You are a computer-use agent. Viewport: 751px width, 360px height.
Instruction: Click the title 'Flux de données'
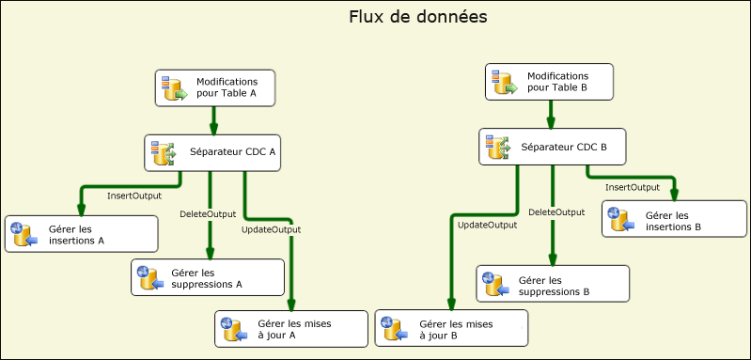[417, 18]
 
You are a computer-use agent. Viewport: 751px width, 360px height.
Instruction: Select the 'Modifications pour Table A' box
[214, 88]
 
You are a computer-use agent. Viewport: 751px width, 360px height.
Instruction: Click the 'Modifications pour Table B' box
[550, 82]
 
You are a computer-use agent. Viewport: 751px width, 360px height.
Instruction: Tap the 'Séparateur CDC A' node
[213, 153]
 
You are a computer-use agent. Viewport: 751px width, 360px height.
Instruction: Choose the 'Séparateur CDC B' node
[551, 147]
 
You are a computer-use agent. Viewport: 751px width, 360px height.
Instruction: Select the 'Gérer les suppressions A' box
[208, 277]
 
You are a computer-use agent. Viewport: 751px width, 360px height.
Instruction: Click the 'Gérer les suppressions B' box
[553, 285]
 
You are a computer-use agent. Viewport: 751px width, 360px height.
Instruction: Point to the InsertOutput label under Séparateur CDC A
[133, 196]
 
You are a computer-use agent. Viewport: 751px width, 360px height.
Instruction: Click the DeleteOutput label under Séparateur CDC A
[208, 214]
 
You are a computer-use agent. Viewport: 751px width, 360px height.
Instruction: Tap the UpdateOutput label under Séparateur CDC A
[271, 229]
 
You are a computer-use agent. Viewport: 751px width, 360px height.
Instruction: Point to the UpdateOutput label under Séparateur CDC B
[487, 225]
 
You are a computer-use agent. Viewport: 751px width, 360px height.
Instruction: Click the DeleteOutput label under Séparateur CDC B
[556, 212]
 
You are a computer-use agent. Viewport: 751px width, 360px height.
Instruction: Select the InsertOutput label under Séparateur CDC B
[632, 187]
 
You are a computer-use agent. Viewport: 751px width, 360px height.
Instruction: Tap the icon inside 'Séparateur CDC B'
[497, 147]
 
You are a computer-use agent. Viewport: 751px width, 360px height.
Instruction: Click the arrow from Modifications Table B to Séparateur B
[551, 114]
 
